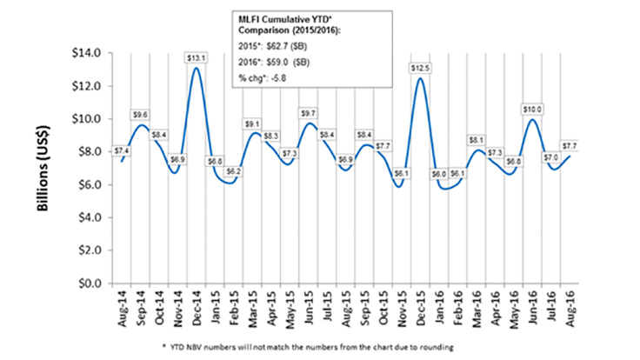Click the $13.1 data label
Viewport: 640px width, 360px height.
tap(197, 57)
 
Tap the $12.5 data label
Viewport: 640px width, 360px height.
tap(421, 68)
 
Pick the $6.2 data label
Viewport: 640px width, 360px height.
tap(234, 171)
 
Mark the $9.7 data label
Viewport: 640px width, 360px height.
tap(309, 113)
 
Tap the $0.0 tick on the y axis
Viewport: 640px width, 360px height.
tap(89, 283)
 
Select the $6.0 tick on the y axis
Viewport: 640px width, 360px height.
tap(89, 184)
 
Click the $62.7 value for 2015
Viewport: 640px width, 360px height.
tap(283, 44)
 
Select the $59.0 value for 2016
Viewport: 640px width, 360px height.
tap(283, 62)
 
